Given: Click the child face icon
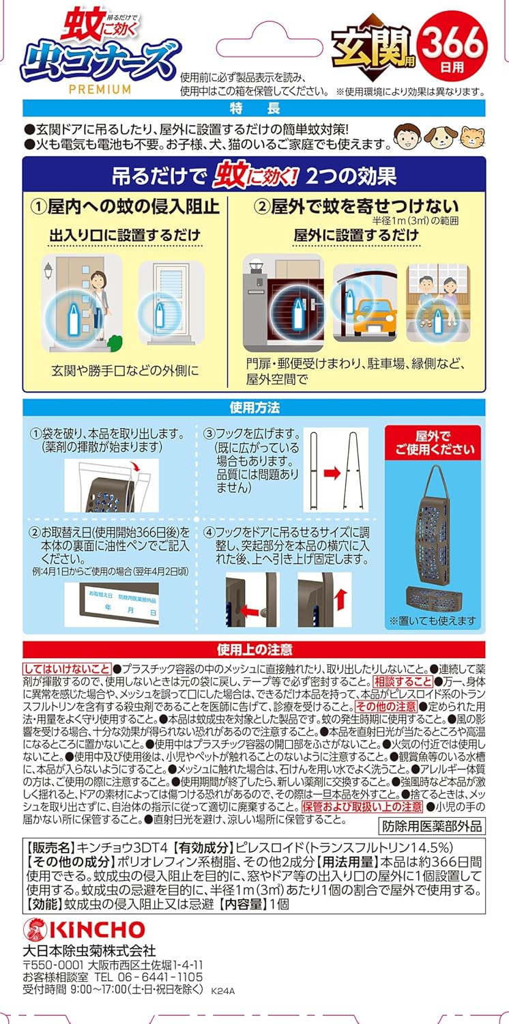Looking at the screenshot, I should pyautogui.click(x=407, y=134).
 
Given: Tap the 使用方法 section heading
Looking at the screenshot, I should pyautogui.click(x=254, y=408).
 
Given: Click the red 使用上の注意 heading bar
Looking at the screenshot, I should pyautogui.click(x=254, y=649).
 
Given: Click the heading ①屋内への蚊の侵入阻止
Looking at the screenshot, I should pyautogui.click(x=125, y=205).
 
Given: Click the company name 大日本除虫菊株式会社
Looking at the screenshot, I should pyautogui.click(x=89, y=950).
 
